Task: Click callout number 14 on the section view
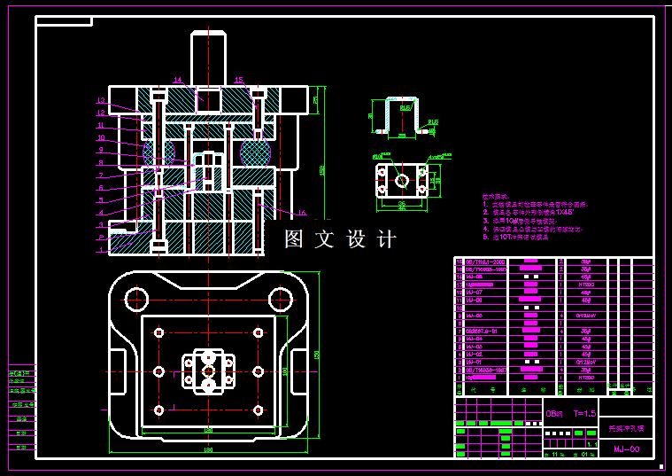coord(178,80)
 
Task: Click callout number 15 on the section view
coord(238,80)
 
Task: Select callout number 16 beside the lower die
coord(302,214)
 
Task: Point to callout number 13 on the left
coord(101,100)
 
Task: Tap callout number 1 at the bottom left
coord(101,251)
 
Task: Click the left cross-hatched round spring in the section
coord(159,152)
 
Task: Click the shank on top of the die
coord(208,58)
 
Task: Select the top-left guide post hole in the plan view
coord(136,296)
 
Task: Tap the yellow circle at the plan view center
coord(208,371)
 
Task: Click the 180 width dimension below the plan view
coord(208,450)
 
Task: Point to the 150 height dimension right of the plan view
coord(316,355)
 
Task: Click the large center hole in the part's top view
coord(402,181)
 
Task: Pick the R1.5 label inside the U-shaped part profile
coord(405,110)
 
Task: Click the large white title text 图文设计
coord(340,239)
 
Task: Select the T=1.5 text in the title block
coord(583,413)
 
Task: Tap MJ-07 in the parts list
coord(474,292)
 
